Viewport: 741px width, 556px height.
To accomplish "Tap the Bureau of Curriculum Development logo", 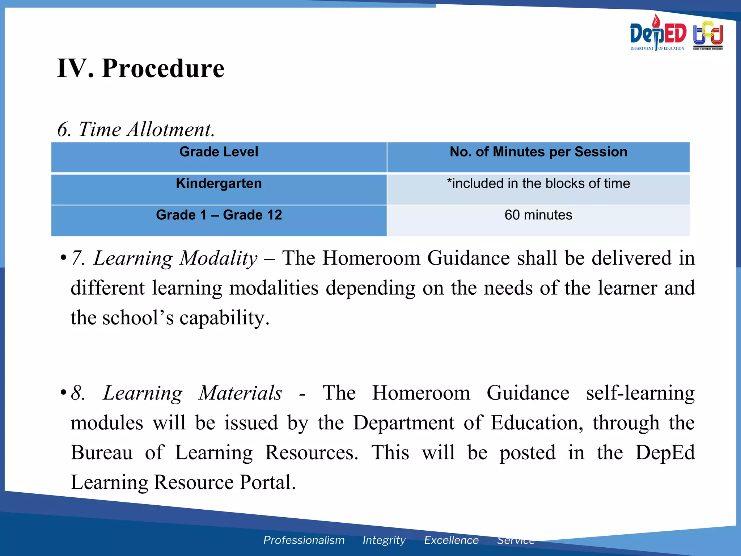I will pyautogui.click(x=708, y=35).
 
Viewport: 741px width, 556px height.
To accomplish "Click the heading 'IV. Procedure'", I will pyautogui.click(x=141, y=68).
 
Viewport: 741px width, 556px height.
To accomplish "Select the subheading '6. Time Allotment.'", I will pyautogui.click(x=136, y=129).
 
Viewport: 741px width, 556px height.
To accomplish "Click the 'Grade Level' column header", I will pyautogui.click(x=219, y=152).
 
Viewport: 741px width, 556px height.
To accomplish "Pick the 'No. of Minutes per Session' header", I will pyautogui.click(x=538, y=152).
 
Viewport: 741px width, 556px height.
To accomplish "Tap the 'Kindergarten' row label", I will pyautogui.click(x=219, y=184).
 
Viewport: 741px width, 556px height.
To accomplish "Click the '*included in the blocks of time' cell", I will pyautogui.click(x=538, y=184).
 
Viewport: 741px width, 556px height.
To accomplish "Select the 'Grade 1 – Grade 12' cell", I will pyautogui.click(x=219, y=215).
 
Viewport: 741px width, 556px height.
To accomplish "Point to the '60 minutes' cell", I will pyautogui.click(x=538, y=215).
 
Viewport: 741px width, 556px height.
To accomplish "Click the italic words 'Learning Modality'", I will pyautogui.click(x=175, y=258).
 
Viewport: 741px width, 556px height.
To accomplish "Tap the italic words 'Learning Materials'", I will pyautogui.click(x=192, y=393).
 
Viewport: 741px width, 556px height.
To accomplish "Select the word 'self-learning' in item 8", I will pyautogui.click(x=640, y=393).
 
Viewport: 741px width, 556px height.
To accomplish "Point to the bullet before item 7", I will pyautogui.click(x=63, y=258).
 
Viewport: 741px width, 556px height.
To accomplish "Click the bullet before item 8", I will pyautogui.click(x=63, y=392).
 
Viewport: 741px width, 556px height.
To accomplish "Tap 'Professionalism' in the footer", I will pyautogui.click(x=304, y=540).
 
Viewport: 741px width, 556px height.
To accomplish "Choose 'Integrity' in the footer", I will pyautogui.click(x=384, y=540).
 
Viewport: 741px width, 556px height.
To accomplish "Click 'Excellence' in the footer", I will pyautogui.click(x=451, y=540).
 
